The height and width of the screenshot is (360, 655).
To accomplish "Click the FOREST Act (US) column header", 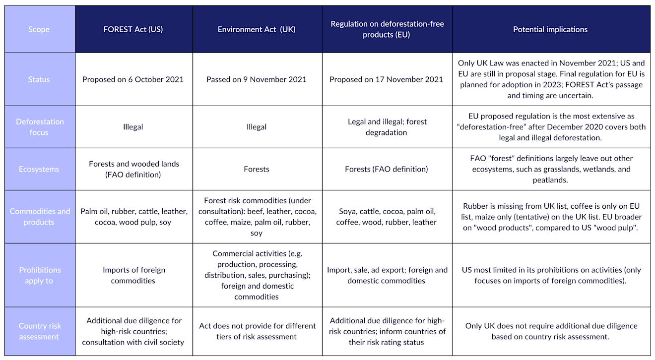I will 133,29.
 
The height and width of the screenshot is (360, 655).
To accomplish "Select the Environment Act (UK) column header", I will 257,29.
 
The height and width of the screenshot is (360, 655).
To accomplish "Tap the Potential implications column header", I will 550,29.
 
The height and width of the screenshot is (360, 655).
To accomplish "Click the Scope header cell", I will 39,29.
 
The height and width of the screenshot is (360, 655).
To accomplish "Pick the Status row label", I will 39,79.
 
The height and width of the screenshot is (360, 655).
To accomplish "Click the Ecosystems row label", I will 39,169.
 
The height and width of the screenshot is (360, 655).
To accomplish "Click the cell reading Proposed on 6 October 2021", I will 133,79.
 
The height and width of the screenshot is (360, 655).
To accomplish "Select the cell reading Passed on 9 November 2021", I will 257,79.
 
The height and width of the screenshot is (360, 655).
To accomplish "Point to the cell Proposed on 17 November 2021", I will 386,79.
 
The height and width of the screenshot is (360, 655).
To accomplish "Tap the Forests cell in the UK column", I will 257,169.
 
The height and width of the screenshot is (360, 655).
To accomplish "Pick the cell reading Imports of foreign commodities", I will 133,275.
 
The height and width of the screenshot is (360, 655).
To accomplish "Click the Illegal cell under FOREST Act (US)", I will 133,127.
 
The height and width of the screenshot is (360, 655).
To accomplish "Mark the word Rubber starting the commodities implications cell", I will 474,206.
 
